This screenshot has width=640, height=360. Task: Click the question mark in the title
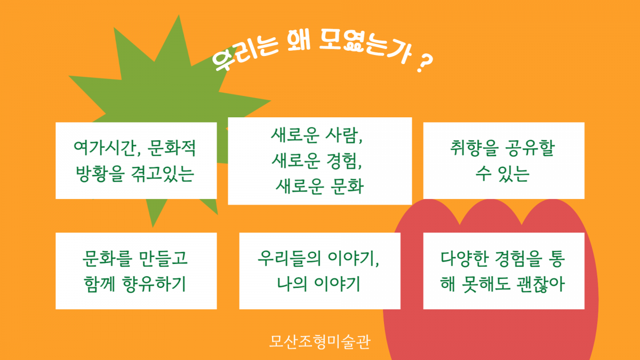[425, 63]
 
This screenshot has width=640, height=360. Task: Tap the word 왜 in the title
[299, 41]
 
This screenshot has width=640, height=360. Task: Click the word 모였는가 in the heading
[366, 46]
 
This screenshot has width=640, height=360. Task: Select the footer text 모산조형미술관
[319, 342]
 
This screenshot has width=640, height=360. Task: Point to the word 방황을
[100, 173]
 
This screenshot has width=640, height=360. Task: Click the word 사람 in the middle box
[343, 135]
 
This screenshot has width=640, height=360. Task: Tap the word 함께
[99, 284]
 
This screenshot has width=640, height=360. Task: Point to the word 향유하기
[154, 284]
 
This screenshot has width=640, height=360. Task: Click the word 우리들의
[289, 258]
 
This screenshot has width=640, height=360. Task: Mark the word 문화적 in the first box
[171, 148]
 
